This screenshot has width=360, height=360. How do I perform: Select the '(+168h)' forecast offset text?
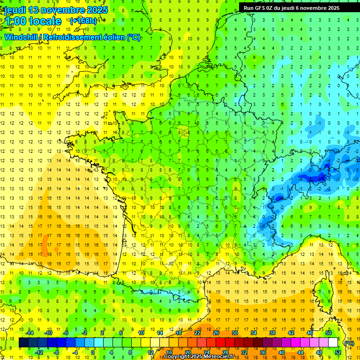click(83, 21)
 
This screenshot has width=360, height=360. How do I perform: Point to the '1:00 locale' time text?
click(33, 21)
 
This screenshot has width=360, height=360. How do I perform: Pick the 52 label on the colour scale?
click(338, 352)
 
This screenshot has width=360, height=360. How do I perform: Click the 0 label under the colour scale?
click(93, 352)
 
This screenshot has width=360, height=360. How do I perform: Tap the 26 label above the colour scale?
click(216, 333)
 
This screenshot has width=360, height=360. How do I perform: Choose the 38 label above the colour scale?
click(272, 333)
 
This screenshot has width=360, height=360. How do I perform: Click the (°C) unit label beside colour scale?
click(349, 343)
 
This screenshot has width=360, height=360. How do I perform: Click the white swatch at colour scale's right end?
click(333, 343)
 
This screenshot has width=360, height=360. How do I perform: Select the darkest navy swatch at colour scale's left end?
click(23, 343)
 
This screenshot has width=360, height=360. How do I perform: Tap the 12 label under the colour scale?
click(150, 352)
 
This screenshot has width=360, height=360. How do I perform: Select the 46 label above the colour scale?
click(310, 333)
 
